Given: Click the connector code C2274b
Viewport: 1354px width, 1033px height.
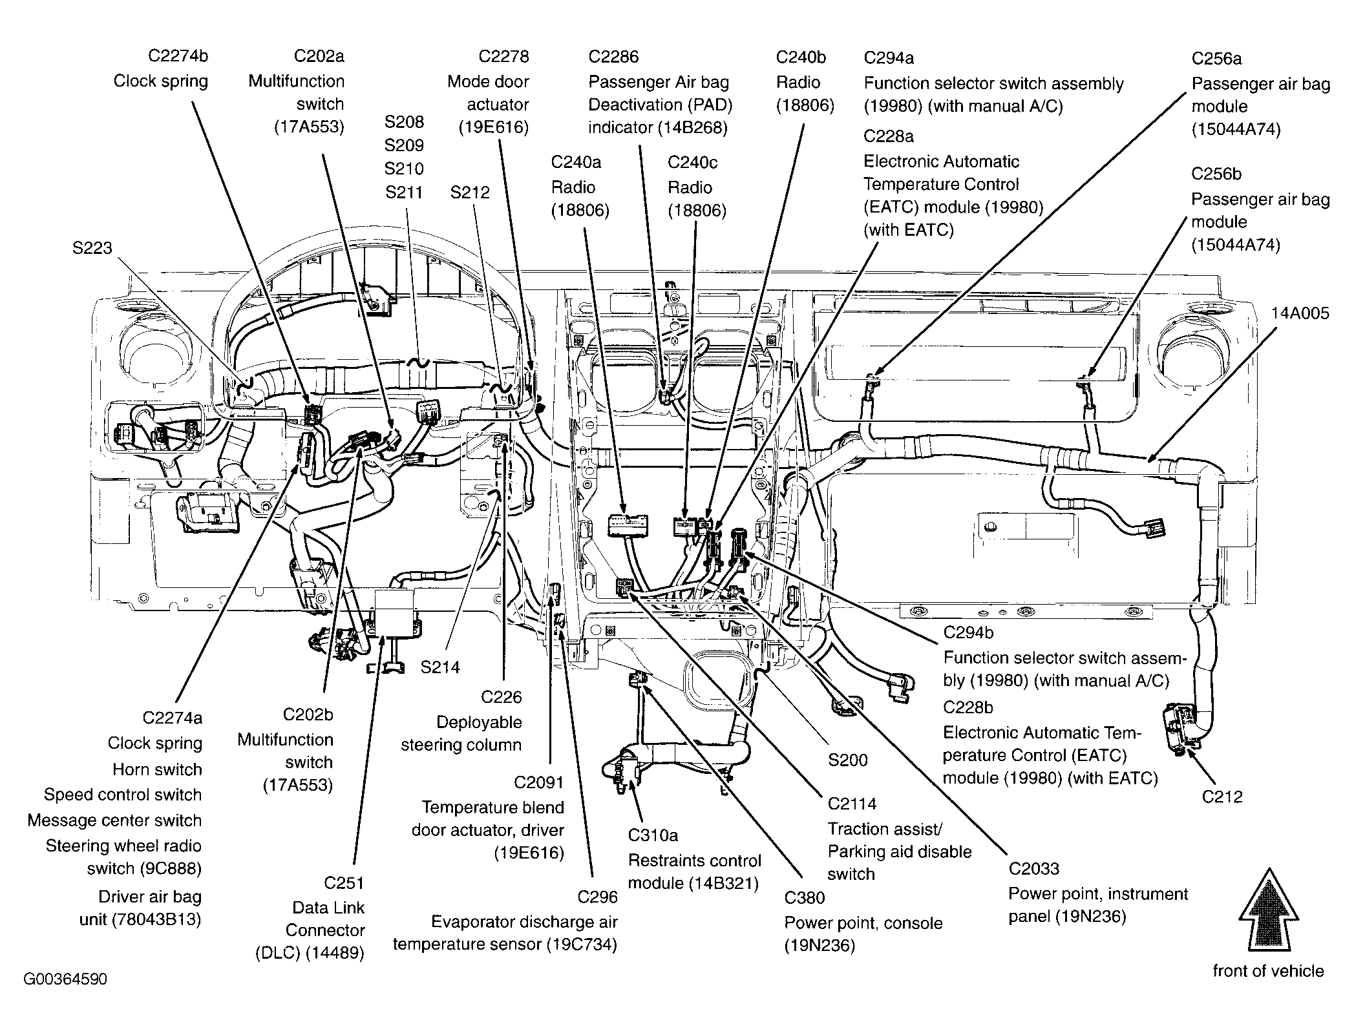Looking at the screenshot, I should tap(178, 56).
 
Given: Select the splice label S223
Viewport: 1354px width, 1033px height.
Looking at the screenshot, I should tap(92, 248).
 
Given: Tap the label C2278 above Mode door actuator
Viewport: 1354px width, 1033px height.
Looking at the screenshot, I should tap(503, 57).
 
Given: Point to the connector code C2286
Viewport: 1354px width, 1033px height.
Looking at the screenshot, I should tap(613, 57).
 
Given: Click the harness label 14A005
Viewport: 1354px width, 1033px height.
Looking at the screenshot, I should tap(1300, 314).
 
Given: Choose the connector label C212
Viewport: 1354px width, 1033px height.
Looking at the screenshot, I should tap(1222, 797).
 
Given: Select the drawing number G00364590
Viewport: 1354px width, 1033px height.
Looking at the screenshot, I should tap(65, 979).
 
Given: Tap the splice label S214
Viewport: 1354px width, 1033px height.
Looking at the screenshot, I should tap(440, 667).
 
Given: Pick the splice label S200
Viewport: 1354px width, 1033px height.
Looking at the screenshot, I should tap(848, 760).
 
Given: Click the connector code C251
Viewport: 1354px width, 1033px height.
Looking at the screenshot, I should tap(344, 883).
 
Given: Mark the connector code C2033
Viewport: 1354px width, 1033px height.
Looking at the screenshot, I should tap(1035, 869).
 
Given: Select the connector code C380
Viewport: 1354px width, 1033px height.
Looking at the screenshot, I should tap(805, 898).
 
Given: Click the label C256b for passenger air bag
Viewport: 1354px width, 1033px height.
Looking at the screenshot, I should tap(1216, 174).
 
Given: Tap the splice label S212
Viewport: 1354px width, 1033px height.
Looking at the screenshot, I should tap(470, 193).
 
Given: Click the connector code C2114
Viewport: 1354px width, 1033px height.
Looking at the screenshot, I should tap(852, 804).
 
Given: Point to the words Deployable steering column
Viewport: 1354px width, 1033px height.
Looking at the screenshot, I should tap(461, 734).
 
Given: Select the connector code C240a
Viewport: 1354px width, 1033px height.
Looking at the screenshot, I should tap(576, 162).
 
